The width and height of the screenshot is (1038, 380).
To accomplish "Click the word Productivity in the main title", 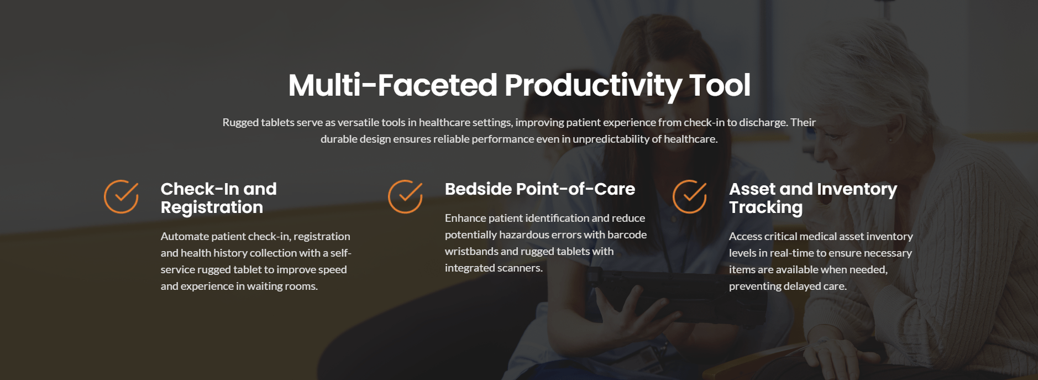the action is pos(593,86).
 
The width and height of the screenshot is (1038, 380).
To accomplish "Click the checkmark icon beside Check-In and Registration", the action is pos(121,196).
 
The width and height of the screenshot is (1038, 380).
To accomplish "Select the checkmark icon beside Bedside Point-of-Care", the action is pos(405,196).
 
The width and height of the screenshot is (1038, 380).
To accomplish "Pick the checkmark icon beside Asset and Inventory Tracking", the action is pos(690,196).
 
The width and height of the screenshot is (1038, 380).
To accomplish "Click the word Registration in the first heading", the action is pos(212,207).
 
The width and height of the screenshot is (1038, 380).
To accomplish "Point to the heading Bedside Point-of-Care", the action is pos(540,189).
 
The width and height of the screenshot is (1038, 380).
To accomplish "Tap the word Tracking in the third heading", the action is pos(766,207).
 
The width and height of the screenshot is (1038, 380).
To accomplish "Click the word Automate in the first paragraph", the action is pos(185,236).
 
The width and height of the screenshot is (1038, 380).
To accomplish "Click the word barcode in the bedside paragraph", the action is pos(627,235).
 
